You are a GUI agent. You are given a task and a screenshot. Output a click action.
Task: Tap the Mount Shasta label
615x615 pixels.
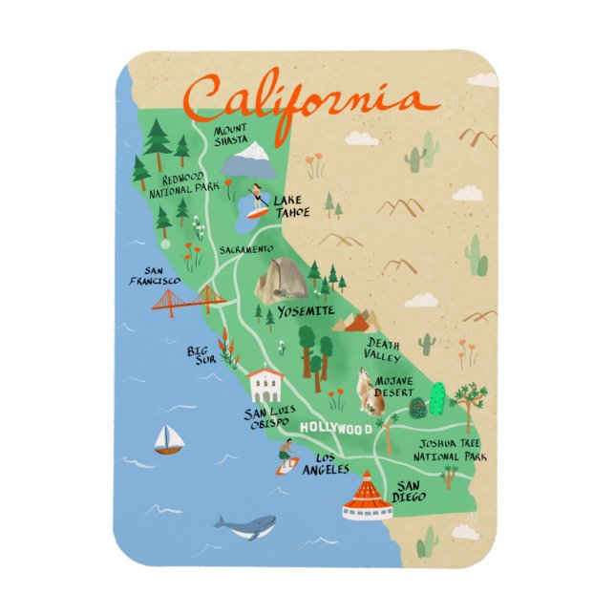[230, 135]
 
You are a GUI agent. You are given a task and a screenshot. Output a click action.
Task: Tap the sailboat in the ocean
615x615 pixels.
[169, 439]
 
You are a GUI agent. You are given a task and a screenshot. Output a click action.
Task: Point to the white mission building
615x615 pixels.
[265, 386]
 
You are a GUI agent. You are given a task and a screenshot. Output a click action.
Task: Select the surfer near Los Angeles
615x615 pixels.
[286, 457]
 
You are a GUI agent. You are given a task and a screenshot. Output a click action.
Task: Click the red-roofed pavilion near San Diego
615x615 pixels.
[367, 498]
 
